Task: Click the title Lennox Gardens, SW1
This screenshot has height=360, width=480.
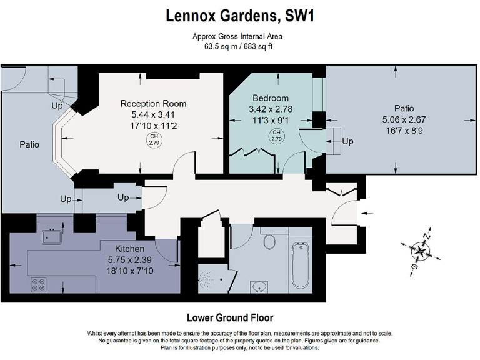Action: (240, 16)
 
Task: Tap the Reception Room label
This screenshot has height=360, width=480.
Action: (153, 104)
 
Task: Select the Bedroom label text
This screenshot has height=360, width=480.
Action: (271, 98)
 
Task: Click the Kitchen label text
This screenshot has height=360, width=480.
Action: (129, 249)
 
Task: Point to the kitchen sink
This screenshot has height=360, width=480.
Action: (52, 236)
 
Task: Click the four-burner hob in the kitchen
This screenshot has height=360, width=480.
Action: (39, 285)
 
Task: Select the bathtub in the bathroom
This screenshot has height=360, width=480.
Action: (300, 266)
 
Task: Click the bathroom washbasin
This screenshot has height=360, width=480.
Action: (259, 287)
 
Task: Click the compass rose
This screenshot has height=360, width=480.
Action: (421, 252)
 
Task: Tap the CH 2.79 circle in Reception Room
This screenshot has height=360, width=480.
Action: (154, 140)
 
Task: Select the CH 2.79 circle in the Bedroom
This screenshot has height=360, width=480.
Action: (276, 136)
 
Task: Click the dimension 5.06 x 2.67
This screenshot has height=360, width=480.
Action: (404, 119)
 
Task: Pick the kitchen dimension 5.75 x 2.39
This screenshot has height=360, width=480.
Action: (130, 260)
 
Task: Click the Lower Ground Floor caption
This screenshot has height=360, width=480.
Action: (230, 317)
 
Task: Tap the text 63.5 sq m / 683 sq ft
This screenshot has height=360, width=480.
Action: (238, 46)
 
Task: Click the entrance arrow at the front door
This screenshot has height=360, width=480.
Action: (367, 213)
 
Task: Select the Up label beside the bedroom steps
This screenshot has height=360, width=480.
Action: (347, 141)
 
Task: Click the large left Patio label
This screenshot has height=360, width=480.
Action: (29, 144)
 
